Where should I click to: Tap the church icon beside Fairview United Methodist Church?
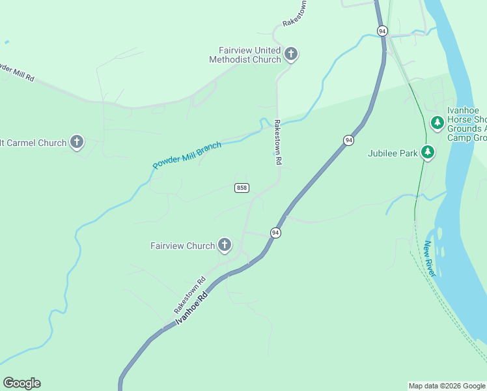coord(291,53)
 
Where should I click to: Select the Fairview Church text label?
coord(182,246)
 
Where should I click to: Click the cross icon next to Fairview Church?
coord(225,245)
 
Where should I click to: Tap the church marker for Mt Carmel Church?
coord(77,141)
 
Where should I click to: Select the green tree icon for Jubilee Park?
coord(427,152)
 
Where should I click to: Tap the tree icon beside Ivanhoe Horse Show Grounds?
coord(438,122)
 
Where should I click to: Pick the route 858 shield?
coord(242,188)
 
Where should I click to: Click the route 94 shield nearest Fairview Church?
coord(275,233)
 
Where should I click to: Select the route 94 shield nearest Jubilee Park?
coord(349,140)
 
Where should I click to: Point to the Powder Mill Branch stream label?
coord(187,155)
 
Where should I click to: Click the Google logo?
coord(21,383)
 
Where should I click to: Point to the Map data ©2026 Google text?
coord(447,386)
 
